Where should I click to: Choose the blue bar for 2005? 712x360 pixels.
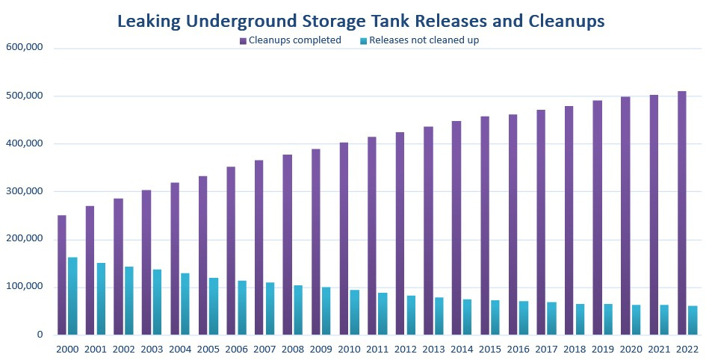point(214,306)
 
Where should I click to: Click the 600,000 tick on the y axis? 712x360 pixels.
point(25,48)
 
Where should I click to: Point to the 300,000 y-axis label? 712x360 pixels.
point(25,191)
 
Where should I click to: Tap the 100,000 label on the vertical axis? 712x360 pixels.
point(25,287)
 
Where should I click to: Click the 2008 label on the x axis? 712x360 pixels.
point(293,348)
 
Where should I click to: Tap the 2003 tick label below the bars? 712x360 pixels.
point(152,348)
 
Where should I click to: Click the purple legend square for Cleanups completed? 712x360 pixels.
point(243,41)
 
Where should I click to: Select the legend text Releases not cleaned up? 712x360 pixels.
point(424,41)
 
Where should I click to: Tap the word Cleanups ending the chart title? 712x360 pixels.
point(562,22)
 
